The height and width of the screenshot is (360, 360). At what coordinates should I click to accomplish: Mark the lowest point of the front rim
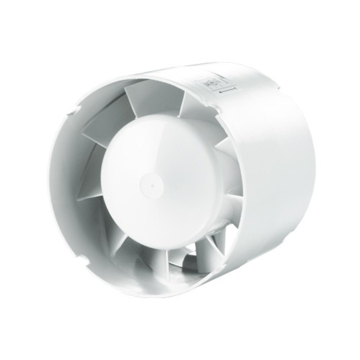(150, 295)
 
